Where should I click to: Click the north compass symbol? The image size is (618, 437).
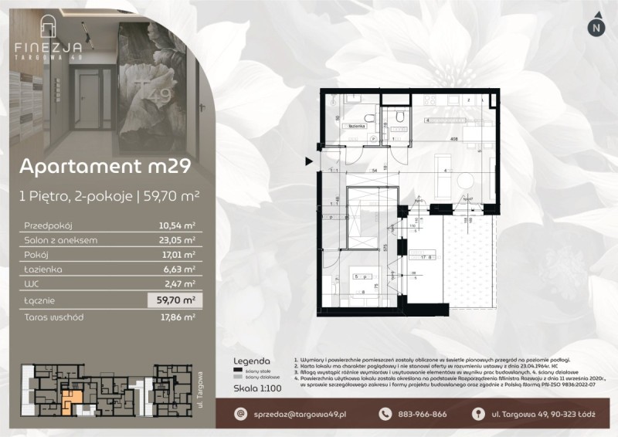pyautogui.click(x=595, y=26)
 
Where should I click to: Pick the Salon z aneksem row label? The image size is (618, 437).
pyautogui.click(x=60, y=240)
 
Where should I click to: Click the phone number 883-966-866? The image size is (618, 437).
pyautogui.click(x=421, y=415)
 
